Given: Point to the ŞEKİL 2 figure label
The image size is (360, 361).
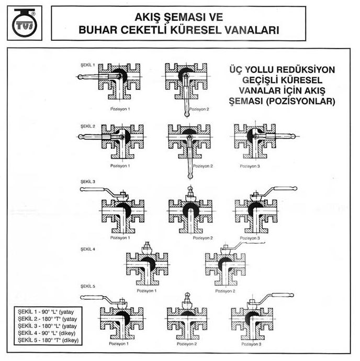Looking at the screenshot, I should pos(87,126).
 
